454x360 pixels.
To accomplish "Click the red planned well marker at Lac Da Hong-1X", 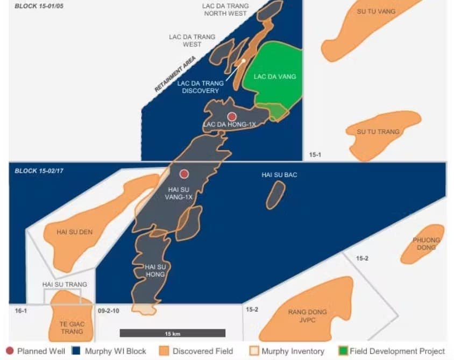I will tap(232, 116).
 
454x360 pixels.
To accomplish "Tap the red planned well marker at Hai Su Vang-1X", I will tap(184, 173).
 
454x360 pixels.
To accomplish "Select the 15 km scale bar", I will tap(172, 333).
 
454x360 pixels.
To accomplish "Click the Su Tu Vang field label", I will tap(376, 11).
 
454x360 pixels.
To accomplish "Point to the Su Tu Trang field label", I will tap(378, 132).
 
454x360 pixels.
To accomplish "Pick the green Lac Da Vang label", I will tap(275, 77).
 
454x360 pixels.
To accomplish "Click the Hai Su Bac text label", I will tap(279, 175).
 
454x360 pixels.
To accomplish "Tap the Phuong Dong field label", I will tap(427, 243).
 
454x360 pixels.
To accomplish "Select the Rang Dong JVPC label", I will tap(307, 316).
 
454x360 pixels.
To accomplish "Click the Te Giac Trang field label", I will tap(72, 328).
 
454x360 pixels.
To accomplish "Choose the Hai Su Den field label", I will tap(75, 232).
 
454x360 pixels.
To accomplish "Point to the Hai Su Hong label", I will tap(155, 271).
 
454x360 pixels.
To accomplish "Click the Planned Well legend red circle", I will tap(10, 351).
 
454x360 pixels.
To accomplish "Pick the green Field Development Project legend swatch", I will tap(342, 351).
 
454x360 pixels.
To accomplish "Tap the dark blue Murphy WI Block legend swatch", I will tap(77, 351).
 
